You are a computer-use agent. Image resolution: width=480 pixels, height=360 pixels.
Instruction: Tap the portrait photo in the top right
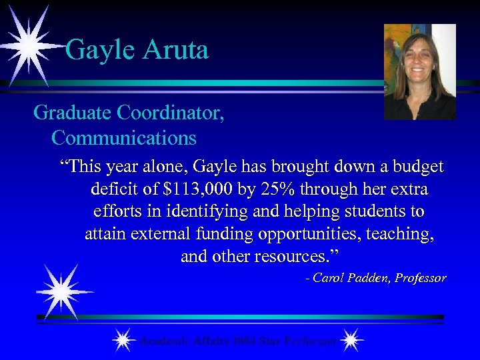[420, 71]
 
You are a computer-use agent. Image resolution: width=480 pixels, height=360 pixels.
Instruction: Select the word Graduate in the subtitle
[72, 113]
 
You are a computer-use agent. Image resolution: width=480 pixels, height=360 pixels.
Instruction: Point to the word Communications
[123, 138]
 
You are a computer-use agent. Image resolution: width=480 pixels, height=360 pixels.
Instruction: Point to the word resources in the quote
[294, 257]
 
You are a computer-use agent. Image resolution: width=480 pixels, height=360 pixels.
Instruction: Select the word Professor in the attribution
[420, 278]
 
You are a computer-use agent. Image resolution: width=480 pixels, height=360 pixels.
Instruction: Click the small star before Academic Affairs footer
[122, 341]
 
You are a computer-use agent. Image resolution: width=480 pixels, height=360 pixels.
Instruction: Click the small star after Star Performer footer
[351, 341]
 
